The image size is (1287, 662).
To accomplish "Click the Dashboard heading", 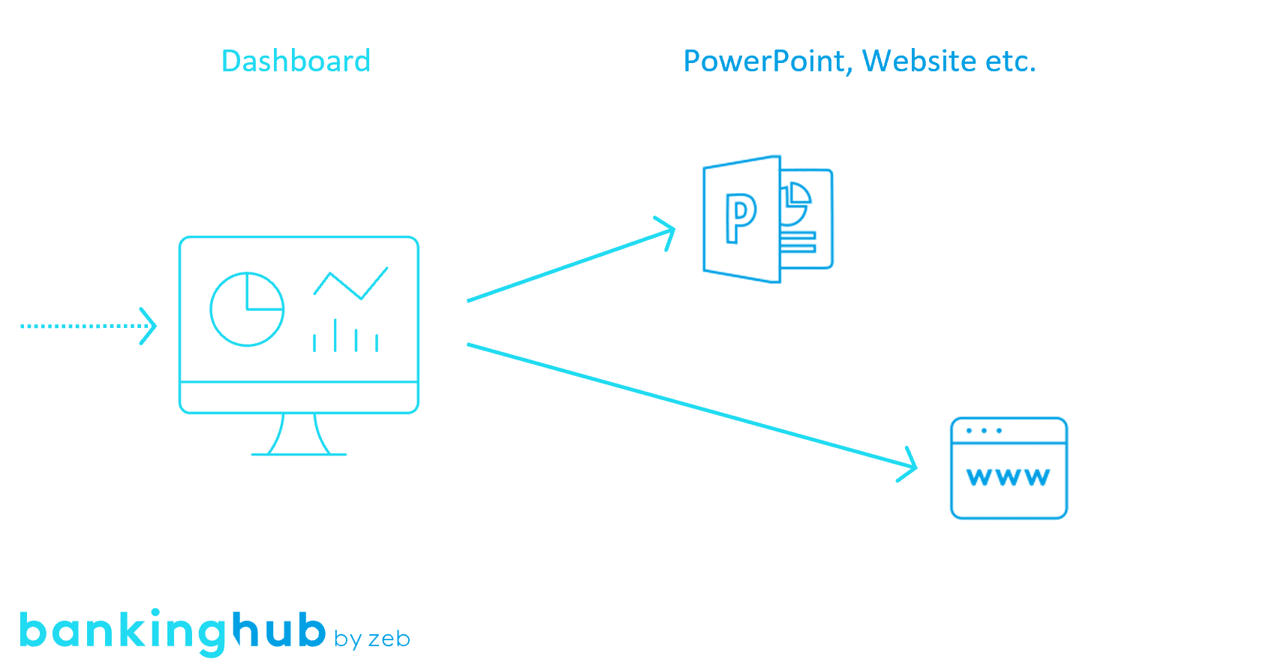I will [x=296, y=62].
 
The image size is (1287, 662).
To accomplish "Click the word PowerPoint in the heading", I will [x=763, y=62].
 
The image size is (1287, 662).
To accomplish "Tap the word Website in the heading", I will [x=919, y=62].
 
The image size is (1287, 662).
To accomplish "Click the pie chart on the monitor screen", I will [x=247, y=309].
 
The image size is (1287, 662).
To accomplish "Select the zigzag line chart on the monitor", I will [x=350, y=284].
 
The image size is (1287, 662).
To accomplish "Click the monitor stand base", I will [x=299, y=453].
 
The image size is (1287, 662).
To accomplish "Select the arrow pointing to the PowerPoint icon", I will [x=570, y=265].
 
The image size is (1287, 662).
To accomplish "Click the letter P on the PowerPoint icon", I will [x=741, y=218].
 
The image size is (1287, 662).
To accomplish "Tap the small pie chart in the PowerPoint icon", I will [x=795, y=203].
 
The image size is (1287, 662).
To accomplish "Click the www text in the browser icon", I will [x=1008, y=477].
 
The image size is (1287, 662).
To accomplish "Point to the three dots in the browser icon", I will [x=984, y=431].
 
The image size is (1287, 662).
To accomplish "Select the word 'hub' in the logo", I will [x=278, y=630].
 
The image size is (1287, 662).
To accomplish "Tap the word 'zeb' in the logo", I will [x=389, y=639].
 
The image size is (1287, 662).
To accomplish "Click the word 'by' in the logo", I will [x=348, y=639].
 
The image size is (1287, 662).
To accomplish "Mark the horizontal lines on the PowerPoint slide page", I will [x=798, y=242].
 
